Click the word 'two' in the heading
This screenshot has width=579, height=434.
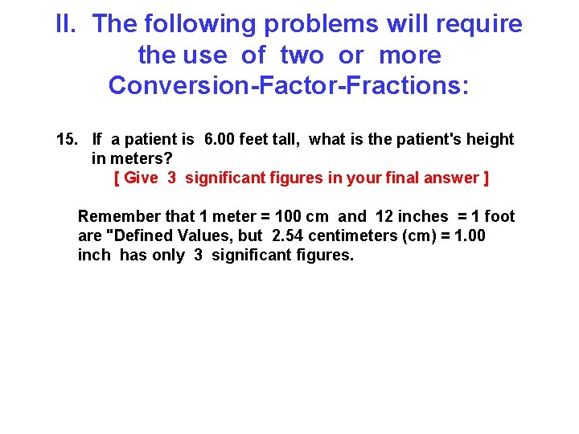[x=302, y=55]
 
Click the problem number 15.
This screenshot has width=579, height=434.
[x=67, y=140]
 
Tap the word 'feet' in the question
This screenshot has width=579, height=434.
[x=264, y=140]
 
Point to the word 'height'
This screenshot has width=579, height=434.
[x=488, y=140]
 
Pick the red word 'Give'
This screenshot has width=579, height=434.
[x=142, y=178]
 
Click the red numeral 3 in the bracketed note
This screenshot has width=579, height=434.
[x=172, y=178]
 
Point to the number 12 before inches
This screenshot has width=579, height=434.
[x=384, y=217]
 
